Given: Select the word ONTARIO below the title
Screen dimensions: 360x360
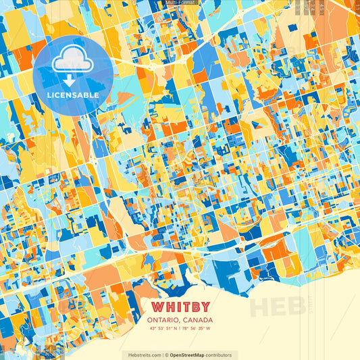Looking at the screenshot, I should [x=164, y=319].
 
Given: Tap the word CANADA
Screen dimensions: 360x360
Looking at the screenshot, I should [x=198, y=319].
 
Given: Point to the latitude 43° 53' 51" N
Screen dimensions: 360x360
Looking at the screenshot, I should [x=163, y=329].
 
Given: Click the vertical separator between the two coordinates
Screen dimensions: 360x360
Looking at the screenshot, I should [x=180, y=329].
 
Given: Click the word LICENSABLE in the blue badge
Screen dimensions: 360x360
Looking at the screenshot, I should [x=73, y=95].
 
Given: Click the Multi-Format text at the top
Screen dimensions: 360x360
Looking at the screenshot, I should [x=180, y=3].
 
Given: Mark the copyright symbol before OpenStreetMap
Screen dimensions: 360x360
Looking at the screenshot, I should [x=166, y=355].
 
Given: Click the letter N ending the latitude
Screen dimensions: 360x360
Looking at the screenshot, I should [x=176, y=329].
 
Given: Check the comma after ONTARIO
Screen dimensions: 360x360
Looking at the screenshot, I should [x=179, y=321].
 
